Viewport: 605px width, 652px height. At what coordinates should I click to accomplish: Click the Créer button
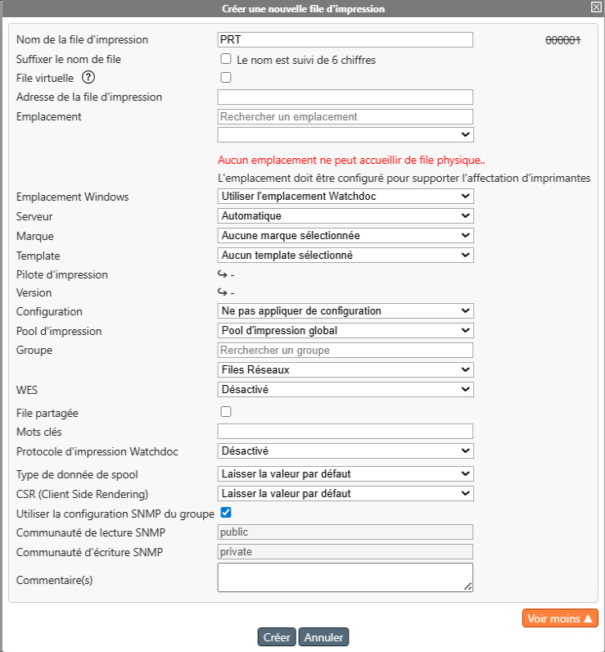click(277, 637)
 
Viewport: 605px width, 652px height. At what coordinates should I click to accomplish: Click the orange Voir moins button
click(560, 618)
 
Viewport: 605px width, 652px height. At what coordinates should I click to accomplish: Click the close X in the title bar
click(596, 7)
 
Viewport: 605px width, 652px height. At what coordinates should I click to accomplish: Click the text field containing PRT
click(345, 39)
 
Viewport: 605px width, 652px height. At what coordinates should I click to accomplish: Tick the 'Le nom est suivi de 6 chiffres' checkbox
click(226, 59)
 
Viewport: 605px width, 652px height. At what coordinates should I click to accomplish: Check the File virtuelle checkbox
click(226, 78)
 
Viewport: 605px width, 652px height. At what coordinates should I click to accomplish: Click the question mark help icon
click(89, 78)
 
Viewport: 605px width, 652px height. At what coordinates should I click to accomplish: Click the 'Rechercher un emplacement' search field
click(345, 116)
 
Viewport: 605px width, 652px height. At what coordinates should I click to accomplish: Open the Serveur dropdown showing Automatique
click(345, 215)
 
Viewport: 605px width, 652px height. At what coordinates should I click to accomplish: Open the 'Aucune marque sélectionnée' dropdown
click(345, 235)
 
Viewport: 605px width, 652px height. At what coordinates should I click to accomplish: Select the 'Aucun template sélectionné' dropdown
click(345, 255)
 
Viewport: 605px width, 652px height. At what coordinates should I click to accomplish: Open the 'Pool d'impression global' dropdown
click(345, 330)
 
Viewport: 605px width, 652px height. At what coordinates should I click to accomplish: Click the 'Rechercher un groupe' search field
click(345, 350)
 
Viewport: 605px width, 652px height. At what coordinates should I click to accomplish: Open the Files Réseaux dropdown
click(345, 369)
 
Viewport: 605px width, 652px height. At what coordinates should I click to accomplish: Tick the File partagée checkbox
click(226, 411)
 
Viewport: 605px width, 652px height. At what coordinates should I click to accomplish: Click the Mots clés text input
click(345, 431)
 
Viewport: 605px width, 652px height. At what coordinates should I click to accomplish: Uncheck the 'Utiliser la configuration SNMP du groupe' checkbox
click(226, 513)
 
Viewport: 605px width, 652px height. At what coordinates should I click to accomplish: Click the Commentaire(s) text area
click(345, 577)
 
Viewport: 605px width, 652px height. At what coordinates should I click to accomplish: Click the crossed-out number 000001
click(563, 40)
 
